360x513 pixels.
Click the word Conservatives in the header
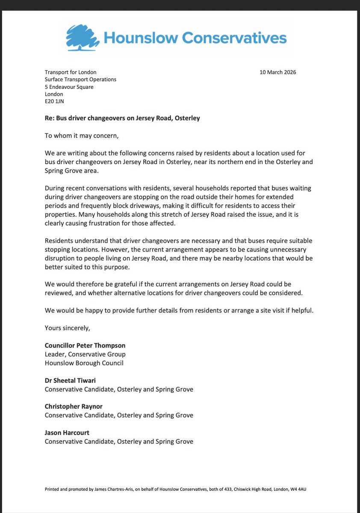(234, 38)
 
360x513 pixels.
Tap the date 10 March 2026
(277, 72)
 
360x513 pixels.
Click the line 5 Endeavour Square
(69, 87)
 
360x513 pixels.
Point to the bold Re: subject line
(122, 118)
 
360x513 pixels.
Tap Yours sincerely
(67, 328)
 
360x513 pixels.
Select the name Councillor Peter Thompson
(85, 345)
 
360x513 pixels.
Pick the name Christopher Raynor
(74, 407)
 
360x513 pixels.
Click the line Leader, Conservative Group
(85, 354)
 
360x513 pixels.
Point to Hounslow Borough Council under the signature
(84, 363)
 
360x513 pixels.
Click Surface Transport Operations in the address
(80, 80)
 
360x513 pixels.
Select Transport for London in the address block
(71, 72)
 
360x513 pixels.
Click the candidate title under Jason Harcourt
(119, 441)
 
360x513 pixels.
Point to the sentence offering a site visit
(179, 310)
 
